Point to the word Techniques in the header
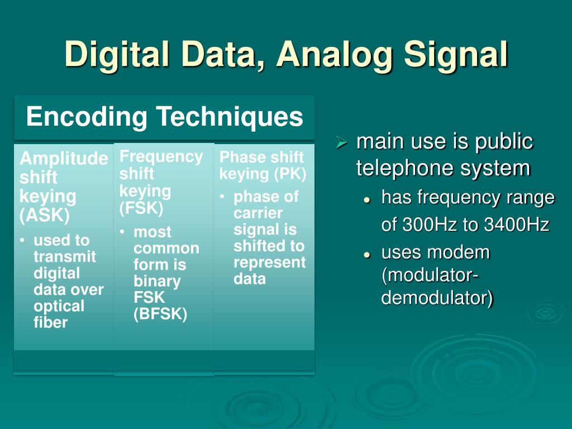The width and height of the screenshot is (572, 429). point(230,117)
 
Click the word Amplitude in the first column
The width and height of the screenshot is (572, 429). point(64,159)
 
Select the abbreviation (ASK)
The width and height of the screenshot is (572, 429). point(45,215)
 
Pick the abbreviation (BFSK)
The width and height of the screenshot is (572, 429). point(160,314)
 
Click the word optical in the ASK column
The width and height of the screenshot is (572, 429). point(59,306)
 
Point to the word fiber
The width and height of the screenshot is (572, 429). point(50,322)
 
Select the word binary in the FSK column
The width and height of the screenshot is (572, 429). point(157,281)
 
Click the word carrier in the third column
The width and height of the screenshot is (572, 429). point(258,213)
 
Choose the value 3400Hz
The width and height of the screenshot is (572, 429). point(517,225)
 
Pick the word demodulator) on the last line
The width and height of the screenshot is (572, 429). point(437,298)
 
